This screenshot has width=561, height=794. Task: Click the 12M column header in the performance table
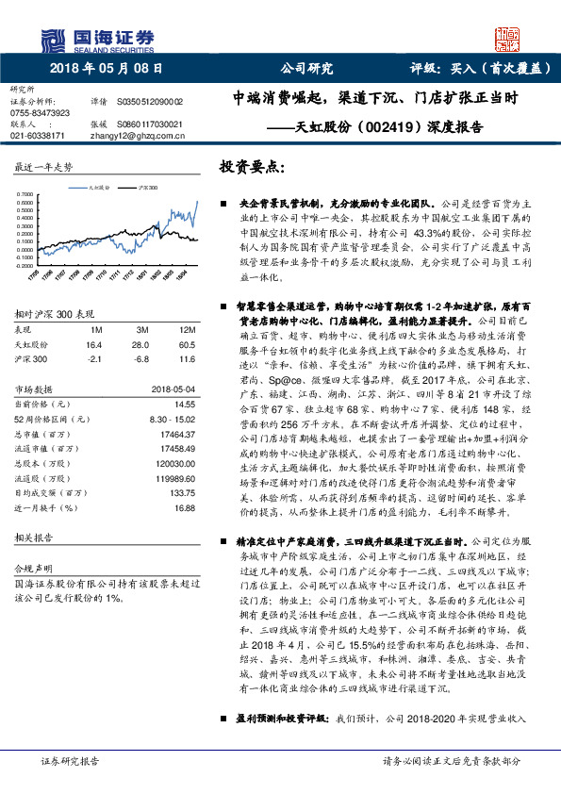pos(187,330)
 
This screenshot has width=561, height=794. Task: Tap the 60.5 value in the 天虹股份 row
pos(187,345)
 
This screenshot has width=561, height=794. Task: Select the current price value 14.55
pos(183,404)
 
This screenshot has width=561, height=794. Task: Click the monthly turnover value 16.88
pos(183,505)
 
